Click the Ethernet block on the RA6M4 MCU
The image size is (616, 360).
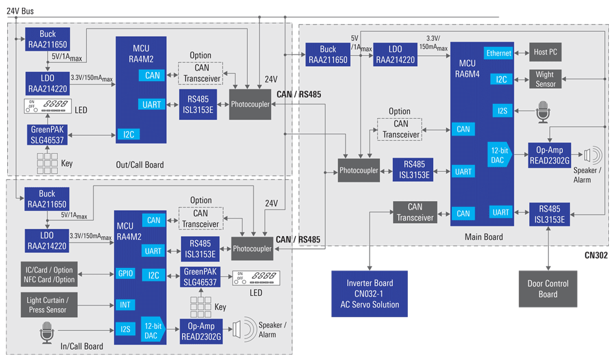coord(499,53)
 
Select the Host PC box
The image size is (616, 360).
coord(545,52)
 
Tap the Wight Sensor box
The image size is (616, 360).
coord(545,79)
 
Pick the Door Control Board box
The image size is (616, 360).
coord(547,289)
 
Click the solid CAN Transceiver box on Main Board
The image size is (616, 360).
coord(415,212)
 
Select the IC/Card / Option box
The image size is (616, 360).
coord(50,274)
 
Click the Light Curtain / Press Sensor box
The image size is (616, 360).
coord(50,305)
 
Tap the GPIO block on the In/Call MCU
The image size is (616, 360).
coord(125,274)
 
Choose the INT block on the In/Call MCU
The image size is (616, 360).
coord(125,305)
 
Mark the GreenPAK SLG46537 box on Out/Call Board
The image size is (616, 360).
coord(47,134)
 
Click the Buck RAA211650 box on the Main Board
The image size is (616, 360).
coord(328,54)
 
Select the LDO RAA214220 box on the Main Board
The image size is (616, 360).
coord(395,54)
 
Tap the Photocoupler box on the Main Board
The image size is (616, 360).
coord(359,171)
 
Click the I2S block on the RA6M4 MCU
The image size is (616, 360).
coord(502,111)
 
